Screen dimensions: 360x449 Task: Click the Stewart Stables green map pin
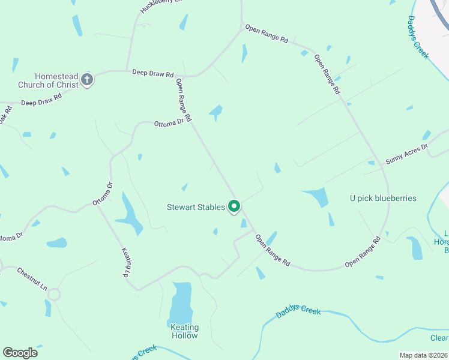234,206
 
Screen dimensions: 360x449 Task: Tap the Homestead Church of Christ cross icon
87,80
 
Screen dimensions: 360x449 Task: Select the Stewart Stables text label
196,208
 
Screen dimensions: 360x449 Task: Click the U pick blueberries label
383,198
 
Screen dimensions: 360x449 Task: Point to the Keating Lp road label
127,262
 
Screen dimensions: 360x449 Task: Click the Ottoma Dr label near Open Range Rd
169,123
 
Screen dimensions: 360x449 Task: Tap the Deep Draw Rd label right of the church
152,73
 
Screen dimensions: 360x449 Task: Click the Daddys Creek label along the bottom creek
298,312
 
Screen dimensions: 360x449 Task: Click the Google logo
20,353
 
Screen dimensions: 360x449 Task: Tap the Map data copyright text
423,355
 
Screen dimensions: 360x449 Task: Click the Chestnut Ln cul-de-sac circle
54,295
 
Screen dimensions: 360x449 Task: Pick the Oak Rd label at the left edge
5,115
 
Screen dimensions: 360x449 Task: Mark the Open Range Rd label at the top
265,34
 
